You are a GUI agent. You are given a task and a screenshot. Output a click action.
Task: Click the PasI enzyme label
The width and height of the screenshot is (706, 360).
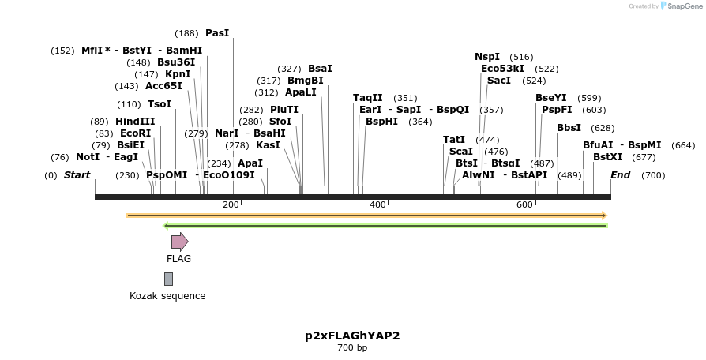[217, 33]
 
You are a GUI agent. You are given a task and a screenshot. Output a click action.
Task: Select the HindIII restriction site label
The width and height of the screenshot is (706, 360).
[135, 122]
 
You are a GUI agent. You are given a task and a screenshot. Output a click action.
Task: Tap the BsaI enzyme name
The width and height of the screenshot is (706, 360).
[320, 69]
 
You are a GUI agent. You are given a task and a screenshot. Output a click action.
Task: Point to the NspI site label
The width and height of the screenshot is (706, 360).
[487, 57]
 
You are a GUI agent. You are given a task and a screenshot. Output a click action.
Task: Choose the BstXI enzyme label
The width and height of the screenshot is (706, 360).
[608, 157]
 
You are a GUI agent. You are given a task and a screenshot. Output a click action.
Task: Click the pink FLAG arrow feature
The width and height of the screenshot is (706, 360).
[179, 242]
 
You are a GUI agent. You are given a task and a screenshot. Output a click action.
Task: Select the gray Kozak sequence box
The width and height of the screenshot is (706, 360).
[168, 279]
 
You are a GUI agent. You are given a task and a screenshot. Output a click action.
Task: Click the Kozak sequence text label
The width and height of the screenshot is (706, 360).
[167, 296]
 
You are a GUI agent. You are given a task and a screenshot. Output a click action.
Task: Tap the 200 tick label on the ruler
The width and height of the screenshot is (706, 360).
[231, 205]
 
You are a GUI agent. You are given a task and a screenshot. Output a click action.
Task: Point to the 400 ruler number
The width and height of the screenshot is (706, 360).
[377, 205]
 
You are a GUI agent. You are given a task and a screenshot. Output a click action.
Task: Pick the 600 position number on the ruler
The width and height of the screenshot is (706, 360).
[524, 205]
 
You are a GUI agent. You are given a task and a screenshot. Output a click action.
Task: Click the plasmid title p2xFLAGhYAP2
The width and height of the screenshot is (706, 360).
[352, 336]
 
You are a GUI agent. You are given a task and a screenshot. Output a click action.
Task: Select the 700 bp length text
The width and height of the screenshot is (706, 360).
[352, 347]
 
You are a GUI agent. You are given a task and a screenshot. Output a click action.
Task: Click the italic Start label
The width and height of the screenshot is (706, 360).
[77, 174]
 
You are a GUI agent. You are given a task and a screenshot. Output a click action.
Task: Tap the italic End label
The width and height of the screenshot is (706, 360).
[620, 174]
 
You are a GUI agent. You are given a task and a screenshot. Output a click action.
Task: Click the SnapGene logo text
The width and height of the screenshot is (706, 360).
[684, 6]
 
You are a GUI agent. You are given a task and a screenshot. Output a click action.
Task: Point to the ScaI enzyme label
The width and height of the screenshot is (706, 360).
[460, 151]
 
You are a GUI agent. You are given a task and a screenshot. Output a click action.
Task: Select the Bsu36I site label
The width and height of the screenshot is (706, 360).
[176, 62]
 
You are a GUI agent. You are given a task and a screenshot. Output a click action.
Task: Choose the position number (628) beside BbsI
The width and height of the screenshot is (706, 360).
[603, 128]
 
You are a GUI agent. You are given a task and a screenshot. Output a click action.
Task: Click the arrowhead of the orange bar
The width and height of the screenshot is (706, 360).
[603, 215]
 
